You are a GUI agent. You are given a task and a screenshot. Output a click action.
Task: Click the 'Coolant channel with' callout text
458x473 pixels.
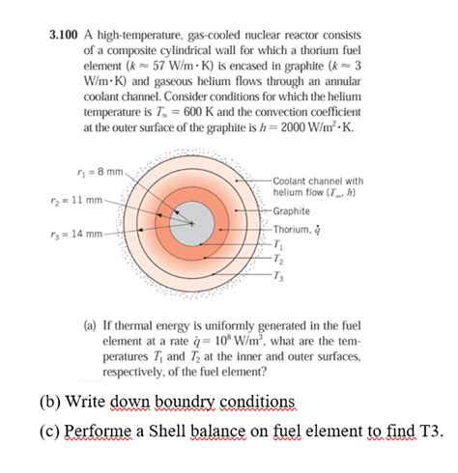click(x=318, y=181)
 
